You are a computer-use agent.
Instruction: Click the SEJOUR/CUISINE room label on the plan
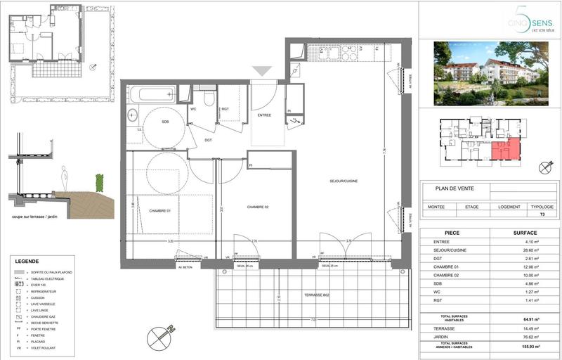click(x=344, y=181)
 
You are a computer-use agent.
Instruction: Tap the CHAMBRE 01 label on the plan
click(x=159, y=210)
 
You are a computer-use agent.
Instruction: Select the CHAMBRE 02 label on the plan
click(x=258, y=207)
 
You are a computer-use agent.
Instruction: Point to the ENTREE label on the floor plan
click(x=264, y=115)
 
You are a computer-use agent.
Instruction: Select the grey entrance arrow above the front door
click(x=262, y=70)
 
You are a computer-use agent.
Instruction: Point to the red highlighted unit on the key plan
click(x=506, y=149)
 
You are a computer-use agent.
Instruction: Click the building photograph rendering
click(x=488, y=72)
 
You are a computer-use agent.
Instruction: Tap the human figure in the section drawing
click(x=65, y=176)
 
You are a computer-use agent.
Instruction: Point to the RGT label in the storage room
click(x=225, y=109)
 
